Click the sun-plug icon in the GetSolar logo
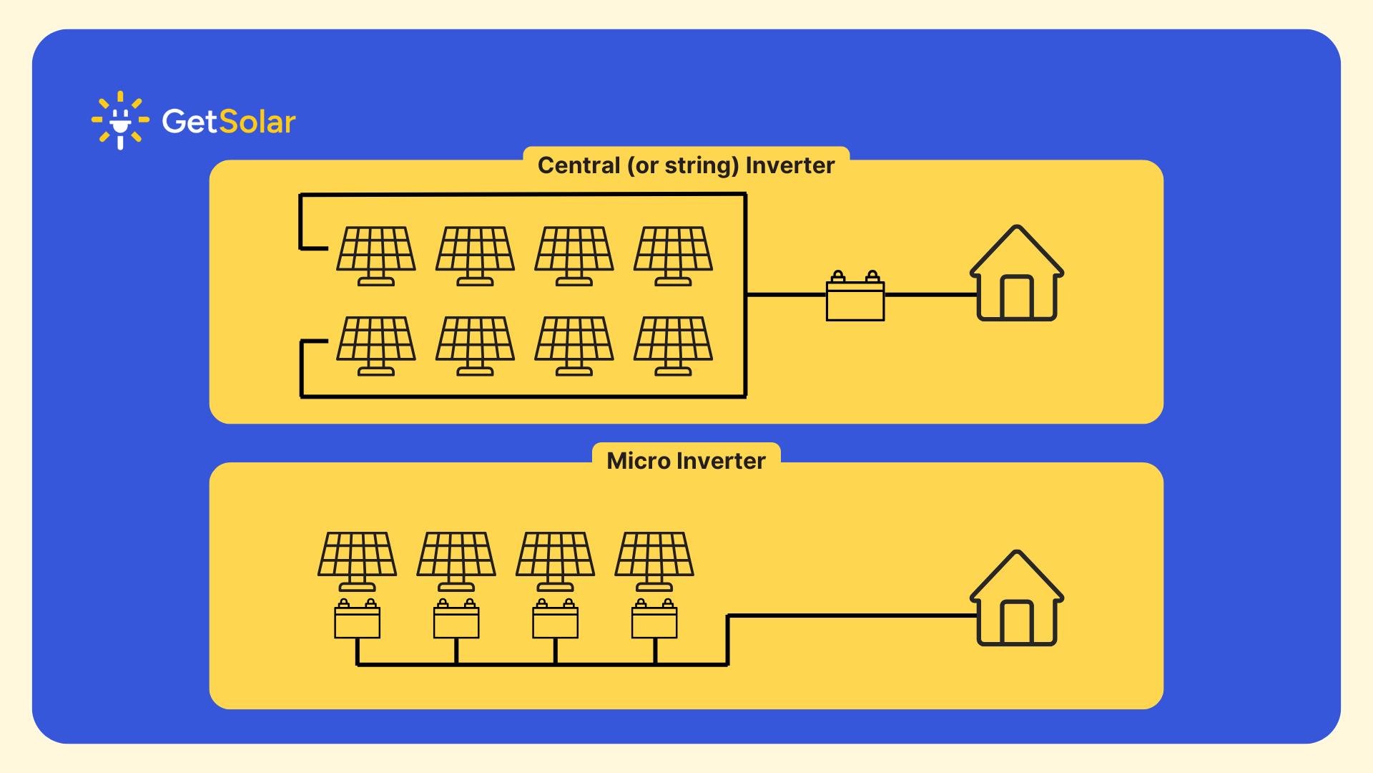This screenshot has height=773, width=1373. pos(120,120)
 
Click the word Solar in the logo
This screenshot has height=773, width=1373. pos(257,122)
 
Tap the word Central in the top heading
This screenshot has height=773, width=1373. pos(579,165)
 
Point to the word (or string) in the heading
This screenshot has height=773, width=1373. pos(683,165)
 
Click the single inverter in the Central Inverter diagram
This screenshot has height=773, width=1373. pos(855,299)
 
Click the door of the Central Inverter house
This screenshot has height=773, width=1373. pos(1016,296)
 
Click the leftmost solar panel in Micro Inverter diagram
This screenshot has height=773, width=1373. pos(357,557)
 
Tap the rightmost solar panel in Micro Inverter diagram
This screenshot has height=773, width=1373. pos(654,557)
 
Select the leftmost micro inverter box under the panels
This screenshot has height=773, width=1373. pos(357,621)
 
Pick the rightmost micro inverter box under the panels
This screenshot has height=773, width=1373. pos(654,621)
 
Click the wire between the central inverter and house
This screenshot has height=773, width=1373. pos(930,294)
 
